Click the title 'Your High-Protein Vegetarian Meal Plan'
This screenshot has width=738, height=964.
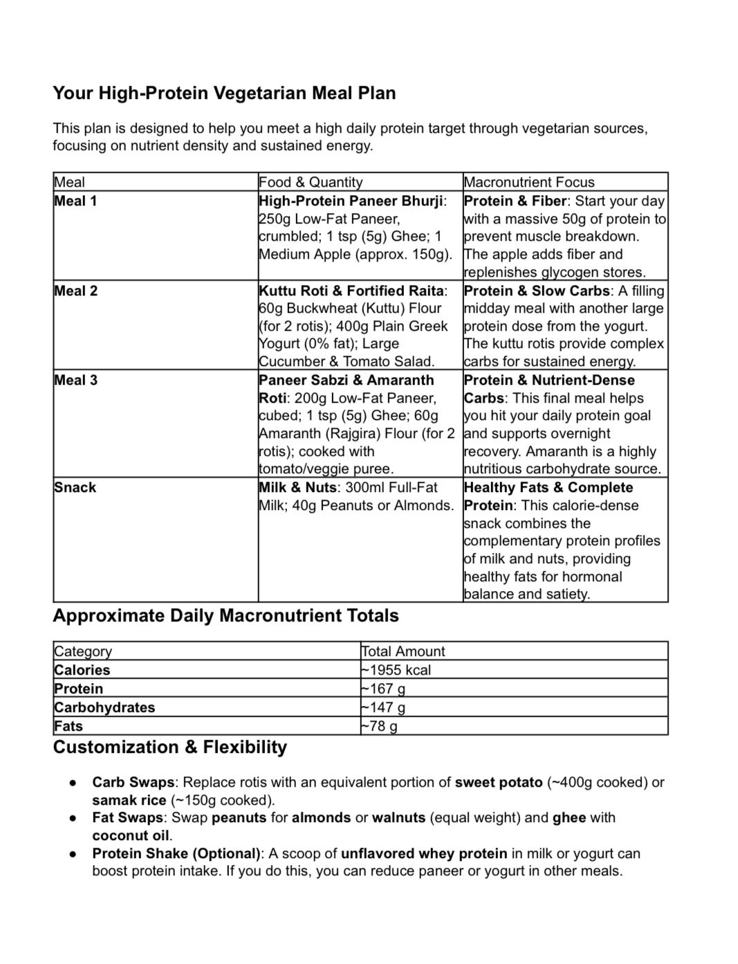(x=224, y=93)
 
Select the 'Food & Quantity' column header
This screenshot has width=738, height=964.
(x=310, y=182)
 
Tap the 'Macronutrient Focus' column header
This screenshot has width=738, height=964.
(x=529, y=182)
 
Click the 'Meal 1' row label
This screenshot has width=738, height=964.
(x=76, y=201)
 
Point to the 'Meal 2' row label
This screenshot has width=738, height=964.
(x=76, y=291)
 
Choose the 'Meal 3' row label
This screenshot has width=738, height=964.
(x=76, y=380)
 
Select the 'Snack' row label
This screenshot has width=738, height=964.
(x=75, y=487)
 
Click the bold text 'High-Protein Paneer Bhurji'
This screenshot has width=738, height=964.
(x=351, y=201)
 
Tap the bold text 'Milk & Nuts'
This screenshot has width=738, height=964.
(x=297, y=487)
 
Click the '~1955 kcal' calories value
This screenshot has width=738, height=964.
(x=396, y=670)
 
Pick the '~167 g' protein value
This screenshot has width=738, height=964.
(x=383, y=689)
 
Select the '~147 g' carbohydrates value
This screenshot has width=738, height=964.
(x=383, y=707)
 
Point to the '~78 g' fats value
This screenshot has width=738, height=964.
(x=379, y=726)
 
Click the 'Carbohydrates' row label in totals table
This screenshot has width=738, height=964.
(x=104, y=707)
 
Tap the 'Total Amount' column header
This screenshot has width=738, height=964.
(x=403, y=651)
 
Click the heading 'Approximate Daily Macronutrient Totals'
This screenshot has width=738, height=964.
(x=225, y=615)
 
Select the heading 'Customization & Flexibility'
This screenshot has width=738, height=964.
(x=169, y=747)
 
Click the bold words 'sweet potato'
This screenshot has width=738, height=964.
(x=498, y=783)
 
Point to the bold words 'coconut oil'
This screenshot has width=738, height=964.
(x=131, y=835)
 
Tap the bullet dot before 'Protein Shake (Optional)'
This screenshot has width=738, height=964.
(x=72, y=854)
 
